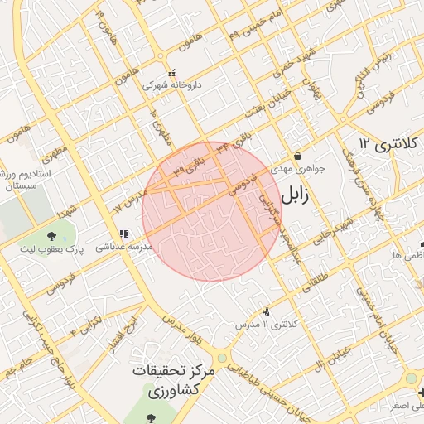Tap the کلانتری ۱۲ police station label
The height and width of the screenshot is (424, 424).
point(389,144)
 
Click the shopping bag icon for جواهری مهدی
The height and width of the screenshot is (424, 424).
point(297,156)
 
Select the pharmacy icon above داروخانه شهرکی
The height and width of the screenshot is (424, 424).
point(171,73)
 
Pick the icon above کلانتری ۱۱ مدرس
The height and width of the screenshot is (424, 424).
point(266,311)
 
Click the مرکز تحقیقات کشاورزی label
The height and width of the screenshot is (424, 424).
point(173,382)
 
